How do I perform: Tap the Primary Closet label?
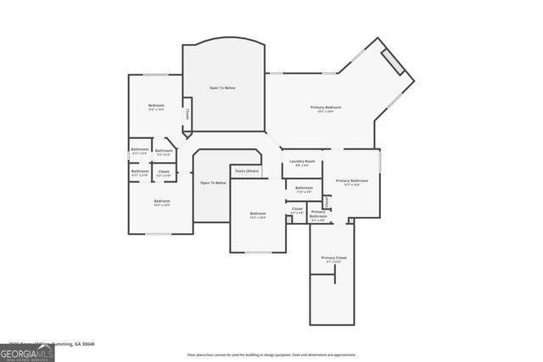tap(333, 258)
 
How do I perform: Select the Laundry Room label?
tap(302, 161)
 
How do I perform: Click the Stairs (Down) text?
tap(247, 170)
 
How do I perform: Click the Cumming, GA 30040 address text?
tap(71, 344)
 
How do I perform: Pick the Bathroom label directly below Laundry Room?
tap(304, 188)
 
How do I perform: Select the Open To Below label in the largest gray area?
tap(222, 88)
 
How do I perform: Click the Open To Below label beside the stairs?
tap(213, 183)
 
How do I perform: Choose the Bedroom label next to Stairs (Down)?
tap(258, 214)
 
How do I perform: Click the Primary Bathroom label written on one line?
tap(351, 181)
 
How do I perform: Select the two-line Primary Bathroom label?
tap(318, 214)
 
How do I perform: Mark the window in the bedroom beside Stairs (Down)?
tap(258, 252)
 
